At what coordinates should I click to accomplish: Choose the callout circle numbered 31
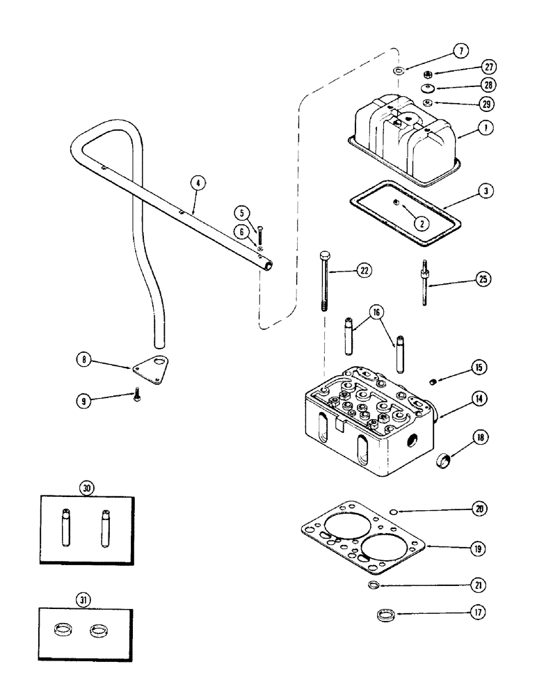[87, 598]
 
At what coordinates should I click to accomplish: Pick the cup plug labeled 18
[442, 461]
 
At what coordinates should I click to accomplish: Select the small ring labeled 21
[374, 586]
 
